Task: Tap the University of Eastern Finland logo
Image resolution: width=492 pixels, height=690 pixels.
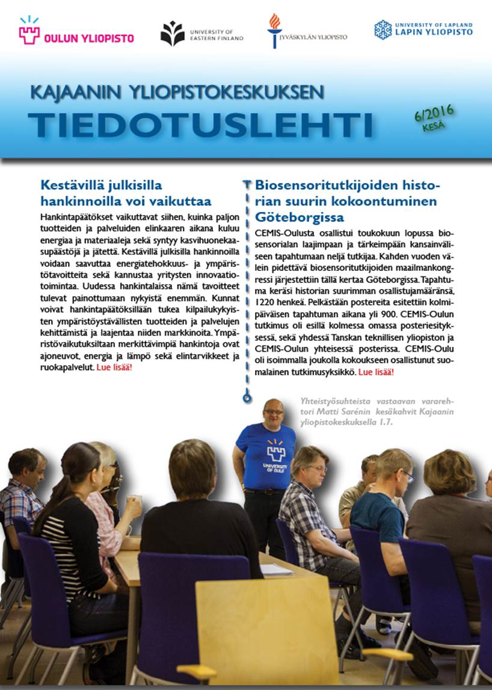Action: tap(173, 34)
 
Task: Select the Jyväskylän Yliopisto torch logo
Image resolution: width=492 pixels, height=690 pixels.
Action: tap(274, 31)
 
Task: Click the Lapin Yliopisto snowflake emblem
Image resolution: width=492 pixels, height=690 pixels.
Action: tap(383, 29)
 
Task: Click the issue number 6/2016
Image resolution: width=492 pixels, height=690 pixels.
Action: tap(433, 113)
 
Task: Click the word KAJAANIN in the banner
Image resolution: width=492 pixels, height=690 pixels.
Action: tap(75, 93)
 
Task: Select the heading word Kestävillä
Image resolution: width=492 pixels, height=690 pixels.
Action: tap(71, 185)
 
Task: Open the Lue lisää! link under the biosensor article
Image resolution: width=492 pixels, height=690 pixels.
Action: tap(377, 372)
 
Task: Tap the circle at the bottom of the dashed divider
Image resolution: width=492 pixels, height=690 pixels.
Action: tap(246, 397)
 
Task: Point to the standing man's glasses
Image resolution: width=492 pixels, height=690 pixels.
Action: tap(274, 412)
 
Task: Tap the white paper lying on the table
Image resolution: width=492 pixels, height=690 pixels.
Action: tap(276, 569)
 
